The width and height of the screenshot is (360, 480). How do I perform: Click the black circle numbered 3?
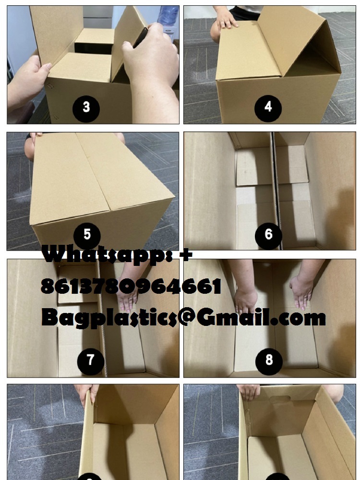[86, 108]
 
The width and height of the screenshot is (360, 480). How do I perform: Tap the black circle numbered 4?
[268, 108]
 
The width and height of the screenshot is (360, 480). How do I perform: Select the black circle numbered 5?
[87, 235]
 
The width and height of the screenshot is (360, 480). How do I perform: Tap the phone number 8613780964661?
[131, 286]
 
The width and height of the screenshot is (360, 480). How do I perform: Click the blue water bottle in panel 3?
[168, 15]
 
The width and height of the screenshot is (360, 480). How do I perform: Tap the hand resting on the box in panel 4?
[225, 21]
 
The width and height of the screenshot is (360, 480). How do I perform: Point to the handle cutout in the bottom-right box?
[279, 399]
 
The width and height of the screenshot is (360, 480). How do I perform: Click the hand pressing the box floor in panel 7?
[127, 295]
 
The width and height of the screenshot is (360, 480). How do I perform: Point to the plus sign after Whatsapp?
[186, 254]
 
